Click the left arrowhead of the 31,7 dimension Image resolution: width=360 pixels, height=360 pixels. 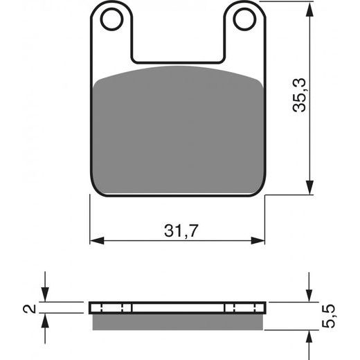point(97,240)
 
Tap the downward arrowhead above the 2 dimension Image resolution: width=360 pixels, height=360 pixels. point(45,296)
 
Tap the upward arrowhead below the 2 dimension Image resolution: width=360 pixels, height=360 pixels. point(45,319)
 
